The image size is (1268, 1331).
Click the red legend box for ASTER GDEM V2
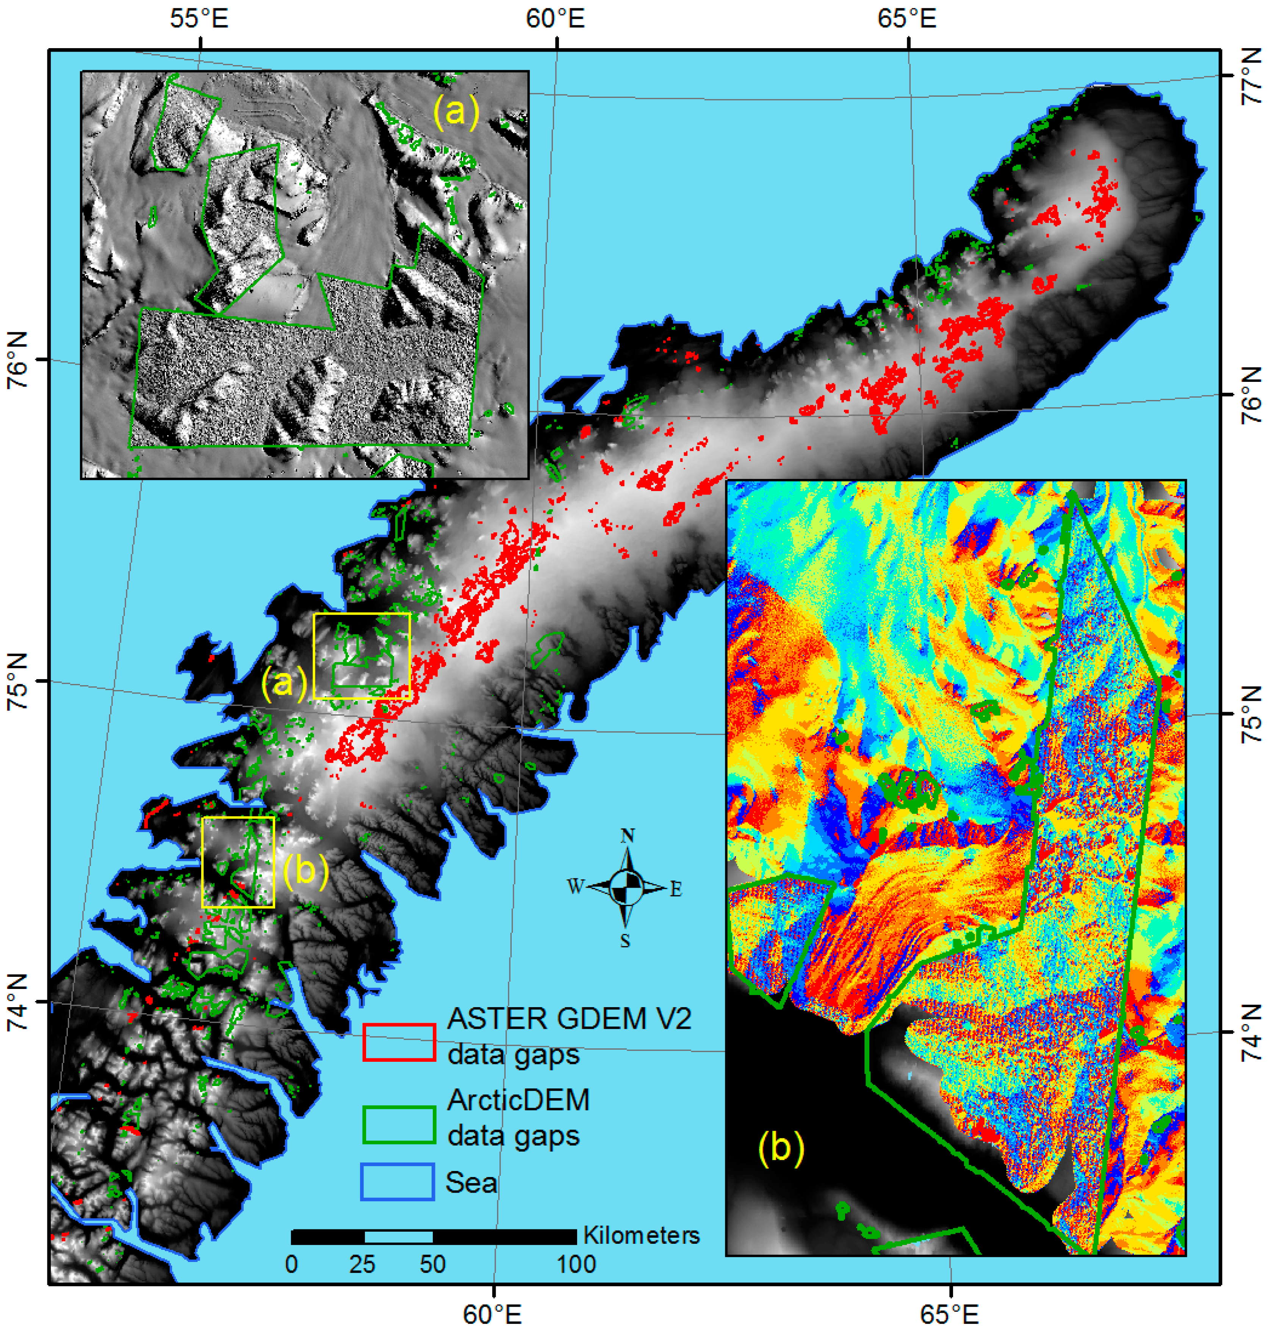398,1042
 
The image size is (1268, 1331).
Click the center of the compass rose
626,887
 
